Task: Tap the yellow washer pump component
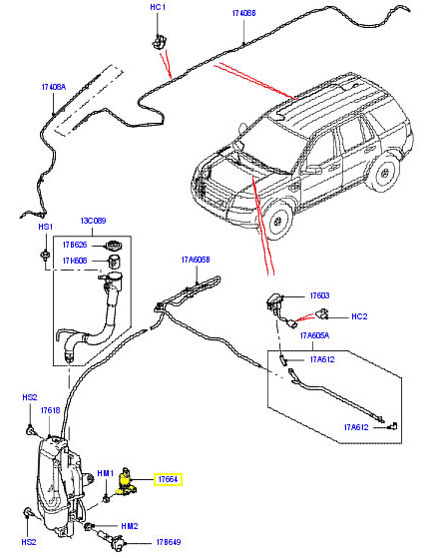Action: point(128,482)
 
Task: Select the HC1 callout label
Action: point(157,7)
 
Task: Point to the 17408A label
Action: point(54,88)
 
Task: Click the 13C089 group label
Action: point(94,222)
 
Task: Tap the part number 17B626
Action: point(77,245)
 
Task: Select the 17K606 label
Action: point(77,262)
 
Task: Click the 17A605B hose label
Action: point(196,261)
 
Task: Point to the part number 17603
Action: point(319,295)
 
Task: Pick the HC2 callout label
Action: point(360,316)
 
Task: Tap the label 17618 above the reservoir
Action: point(50,410)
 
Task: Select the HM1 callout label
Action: point(105,473)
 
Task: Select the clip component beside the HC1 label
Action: point(158,41)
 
